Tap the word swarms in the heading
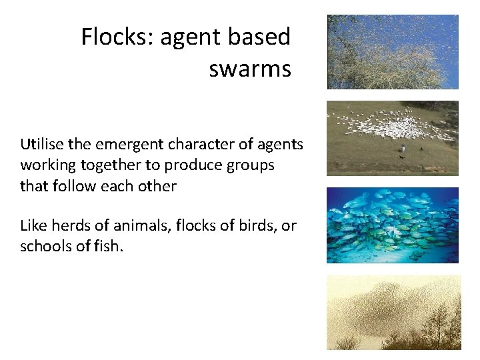tap(250, 69)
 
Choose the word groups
tap(251, 165)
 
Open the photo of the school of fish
tap(393, 225)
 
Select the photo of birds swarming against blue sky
tap(393, 51)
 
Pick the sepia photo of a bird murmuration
tap(393, 312)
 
